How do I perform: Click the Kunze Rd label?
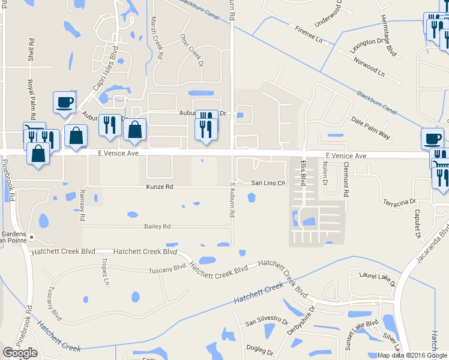point(160,187)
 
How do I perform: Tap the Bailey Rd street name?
point(157,226)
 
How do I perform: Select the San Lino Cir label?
point(268,183)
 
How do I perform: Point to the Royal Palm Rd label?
point(34,99)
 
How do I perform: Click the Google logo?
point(20,353)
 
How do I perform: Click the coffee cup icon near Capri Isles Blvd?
point(64,102)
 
